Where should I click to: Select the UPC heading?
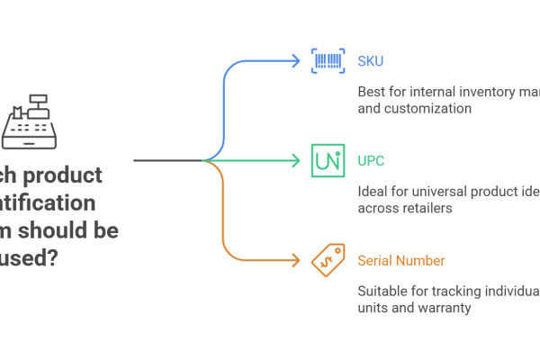click(x=368, y=161)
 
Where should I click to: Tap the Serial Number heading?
click(x=400, y=261)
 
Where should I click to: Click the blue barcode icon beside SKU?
click(x=327, y=61)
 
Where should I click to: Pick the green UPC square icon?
click(x=327, y=160)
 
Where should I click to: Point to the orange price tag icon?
click(x=327, y=260)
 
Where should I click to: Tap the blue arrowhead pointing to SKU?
click(x=295, y=61)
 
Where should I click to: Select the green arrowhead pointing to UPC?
click(x=295, y=161)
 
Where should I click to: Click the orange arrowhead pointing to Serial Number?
click(x=295, y=261)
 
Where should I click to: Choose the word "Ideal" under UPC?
click(x=371, y=192)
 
